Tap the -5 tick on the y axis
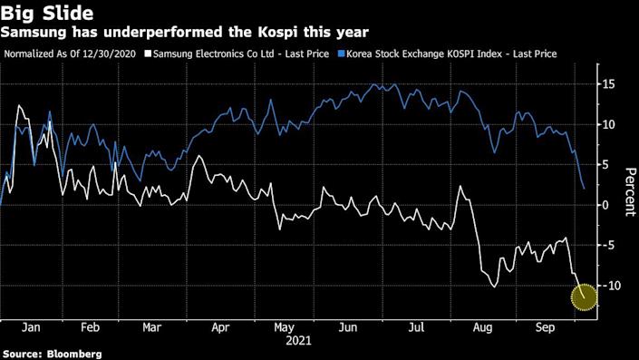click(x=607, y=245)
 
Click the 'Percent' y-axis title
click(x=627, y=190)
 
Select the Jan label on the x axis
click(x=29, y=326)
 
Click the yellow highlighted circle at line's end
click(x=585, y=296)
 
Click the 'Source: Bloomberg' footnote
click(x=52, y=353)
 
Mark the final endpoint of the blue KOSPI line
click(x=584, y=189)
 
